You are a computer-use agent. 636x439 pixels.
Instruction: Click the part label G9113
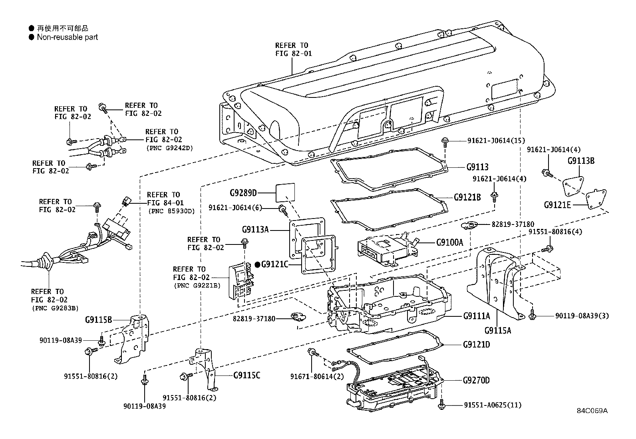coord(477,167)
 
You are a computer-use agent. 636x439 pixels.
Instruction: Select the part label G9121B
coord(467,197)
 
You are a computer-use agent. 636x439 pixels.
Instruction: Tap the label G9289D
coord(242,193)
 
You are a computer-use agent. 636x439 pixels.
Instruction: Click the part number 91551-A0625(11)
coord(493,405)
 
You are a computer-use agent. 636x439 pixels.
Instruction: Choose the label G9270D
coord(476,380)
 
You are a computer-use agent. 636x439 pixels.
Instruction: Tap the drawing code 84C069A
coord(592,411)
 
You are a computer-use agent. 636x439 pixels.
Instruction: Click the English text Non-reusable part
coord(67,37)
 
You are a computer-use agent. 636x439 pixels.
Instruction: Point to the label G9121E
coord(557,205)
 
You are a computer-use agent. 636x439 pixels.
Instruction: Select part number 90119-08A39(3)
coord(582,316)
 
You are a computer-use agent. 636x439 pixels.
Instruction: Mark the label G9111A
coord(476,316)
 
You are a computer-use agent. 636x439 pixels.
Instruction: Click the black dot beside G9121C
coord(257,264)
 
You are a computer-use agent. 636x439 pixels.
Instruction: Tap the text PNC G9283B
coord(55,308)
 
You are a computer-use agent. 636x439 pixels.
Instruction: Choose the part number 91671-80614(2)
coord(317,376)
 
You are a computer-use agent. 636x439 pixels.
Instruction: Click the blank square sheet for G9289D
coord(286,192)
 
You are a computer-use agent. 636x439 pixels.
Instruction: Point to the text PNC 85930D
coord(171,211)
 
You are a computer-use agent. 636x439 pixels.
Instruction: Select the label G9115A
coord(497,330)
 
